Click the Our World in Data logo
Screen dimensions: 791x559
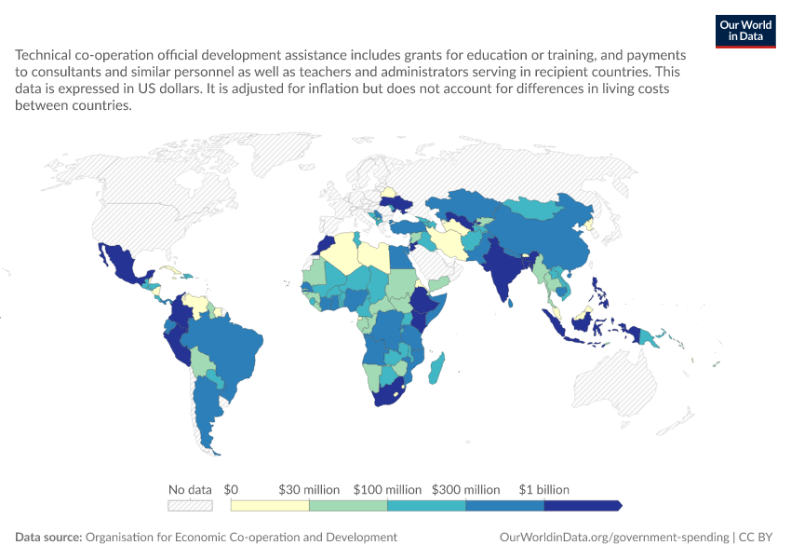(x=745, y=32)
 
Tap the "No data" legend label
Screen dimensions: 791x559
(x=190, y=489)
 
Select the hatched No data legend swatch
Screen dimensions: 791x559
(x=190, y=506)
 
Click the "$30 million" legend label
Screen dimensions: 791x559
(x=309, y=489)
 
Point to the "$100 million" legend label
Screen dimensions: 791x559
(x=387, y=489)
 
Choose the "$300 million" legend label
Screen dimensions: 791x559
(x=465, y=489)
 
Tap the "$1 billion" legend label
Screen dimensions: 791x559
(x=543, y=489)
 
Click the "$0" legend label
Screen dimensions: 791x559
(x=231, y=489)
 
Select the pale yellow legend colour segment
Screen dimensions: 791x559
(x=270, y=506)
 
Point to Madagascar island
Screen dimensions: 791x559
(x=436, y=368)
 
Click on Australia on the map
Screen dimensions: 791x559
(x=615, y=384)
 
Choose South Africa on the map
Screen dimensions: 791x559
(x=390, y=395)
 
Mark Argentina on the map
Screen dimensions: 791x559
(x=207, y=409)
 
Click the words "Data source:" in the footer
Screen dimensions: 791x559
(x=48, y=537)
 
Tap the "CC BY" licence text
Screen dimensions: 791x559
(x=756, y=537)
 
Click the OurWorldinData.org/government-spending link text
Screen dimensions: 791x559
(x=614, y=537)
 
